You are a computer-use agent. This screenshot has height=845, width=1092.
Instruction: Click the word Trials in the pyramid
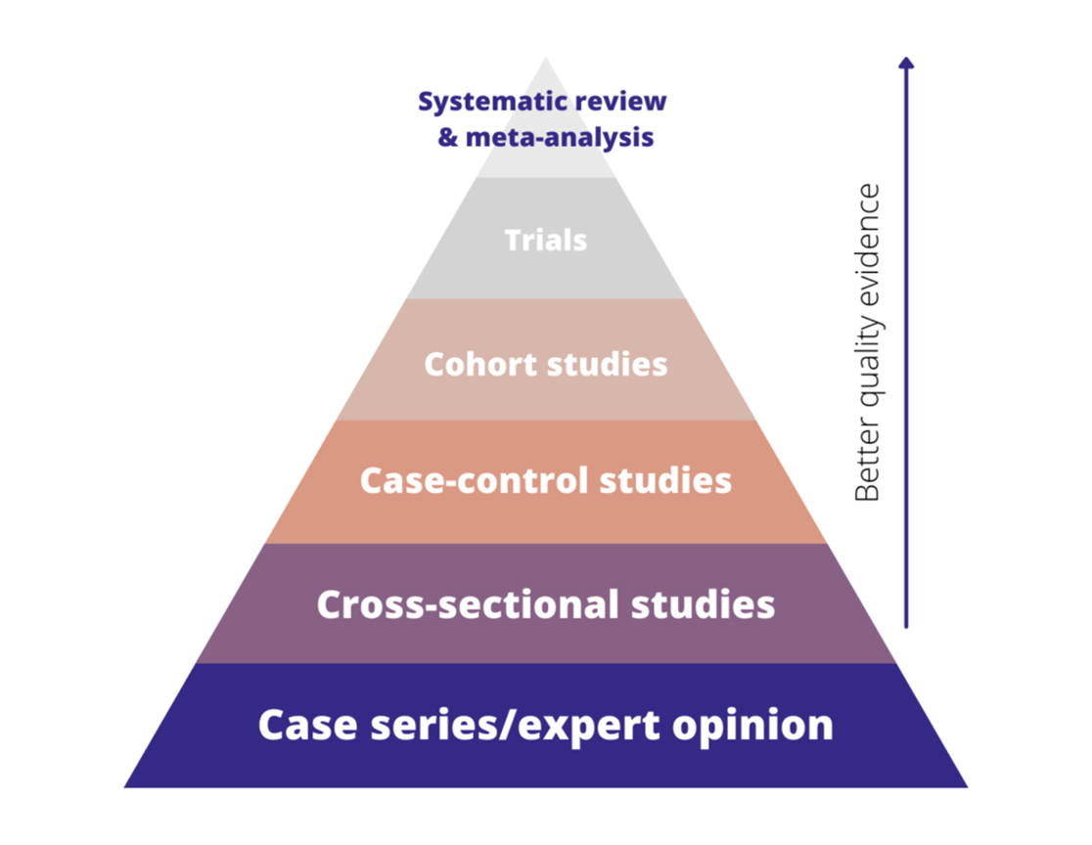pos(546,240)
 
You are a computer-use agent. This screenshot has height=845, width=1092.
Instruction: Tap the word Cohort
pos(478,364)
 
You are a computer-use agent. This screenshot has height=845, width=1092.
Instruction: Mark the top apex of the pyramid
pos(546,60)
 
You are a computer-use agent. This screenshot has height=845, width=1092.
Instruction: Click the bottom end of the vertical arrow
pos(906,625)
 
